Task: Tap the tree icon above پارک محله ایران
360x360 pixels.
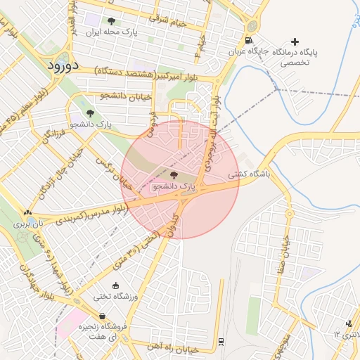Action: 111,21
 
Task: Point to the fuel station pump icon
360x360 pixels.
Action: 249,40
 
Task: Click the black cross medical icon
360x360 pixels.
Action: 295,41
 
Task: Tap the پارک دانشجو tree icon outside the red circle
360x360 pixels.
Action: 90,112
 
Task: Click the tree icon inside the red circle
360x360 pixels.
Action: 174,174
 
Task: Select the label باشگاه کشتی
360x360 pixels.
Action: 246,176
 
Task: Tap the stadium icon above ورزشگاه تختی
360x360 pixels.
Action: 105,285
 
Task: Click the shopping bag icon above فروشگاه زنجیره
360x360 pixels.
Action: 103,316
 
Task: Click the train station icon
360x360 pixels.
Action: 222,341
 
